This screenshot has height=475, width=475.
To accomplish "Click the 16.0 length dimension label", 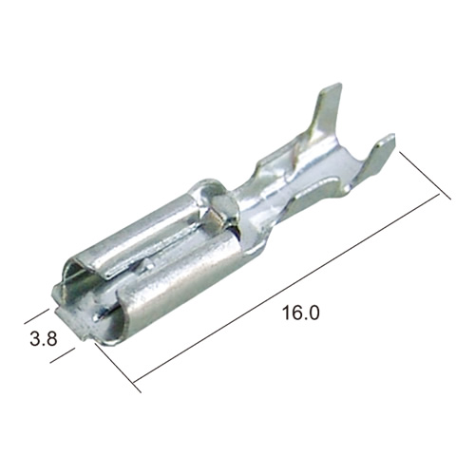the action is tap(300, 313).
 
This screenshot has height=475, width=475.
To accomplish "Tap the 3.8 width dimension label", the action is tap(44, 338).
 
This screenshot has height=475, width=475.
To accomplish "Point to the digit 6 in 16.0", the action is tap(296, 313).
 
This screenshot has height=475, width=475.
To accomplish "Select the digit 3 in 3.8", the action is tap(35, 338).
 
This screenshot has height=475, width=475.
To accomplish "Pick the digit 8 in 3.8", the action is tap(51, 338).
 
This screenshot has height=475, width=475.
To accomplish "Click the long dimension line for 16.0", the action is tap(287, 288).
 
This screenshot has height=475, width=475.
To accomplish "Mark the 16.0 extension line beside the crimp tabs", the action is tap(426, 176).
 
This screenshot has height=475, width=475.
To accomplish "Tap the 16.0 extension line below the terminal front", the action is tap(118, 368).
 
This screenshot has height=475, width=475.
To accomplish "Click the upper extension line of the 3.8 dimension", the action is tap(37, 316).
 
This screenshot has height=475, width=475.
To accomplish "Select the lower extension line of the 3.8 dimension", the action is tap(63, 355).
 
